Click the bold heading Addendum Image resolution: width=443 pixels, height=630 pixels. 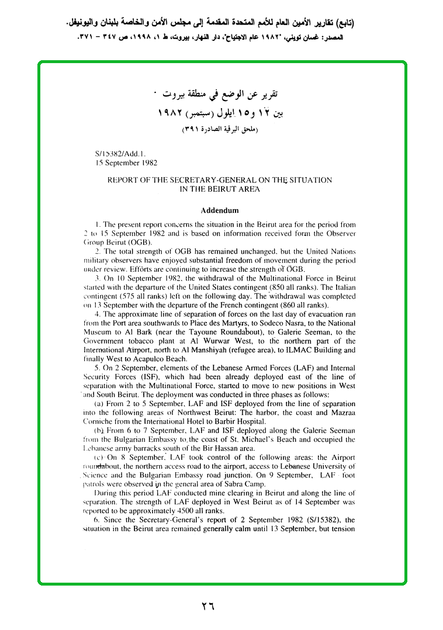pyautogui.click(x=220, y=210)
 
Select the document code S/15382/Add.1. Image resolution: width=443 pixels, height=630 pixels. pyautogui.click(x=116, y=155)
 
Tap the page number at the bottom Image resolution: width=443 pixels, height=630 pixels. pyautogui.click(x=207, y=606)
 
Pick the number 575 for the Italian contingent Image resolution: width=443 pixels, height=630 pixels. pyautogui.click(x=124, y=296)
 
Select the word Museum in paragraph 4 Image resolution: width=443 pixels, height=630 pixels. pyautogui.click(x=98, y=332)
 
